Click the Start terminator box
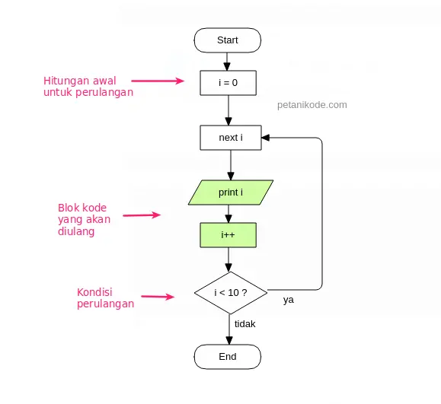coord(228,40)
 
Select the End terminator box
coord(228,357)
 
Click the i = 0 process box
coord(228,82)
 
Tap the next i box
coord(229,138)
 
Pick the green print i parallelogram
coord(231,192)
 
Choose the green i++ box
coord(228,235)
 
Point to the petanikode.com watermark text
coord(312,105)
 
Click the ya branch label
coord(289,300)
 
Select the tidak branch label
coord(244,324)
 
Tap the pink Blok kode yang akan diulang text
coord(85,219)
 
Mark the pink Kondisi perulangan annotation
coord(105,297)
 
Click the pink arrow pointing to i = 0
coord(158,80)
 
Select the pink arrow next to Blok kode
coord(142,215)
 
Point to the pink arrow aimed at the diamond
coord(158,297)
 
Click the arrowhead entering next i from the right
coord(266,138)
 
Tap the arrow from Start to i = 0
coord(228,61)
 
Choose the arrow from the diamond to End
coord(228,329)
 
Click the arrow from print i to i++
coord(228,214)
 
